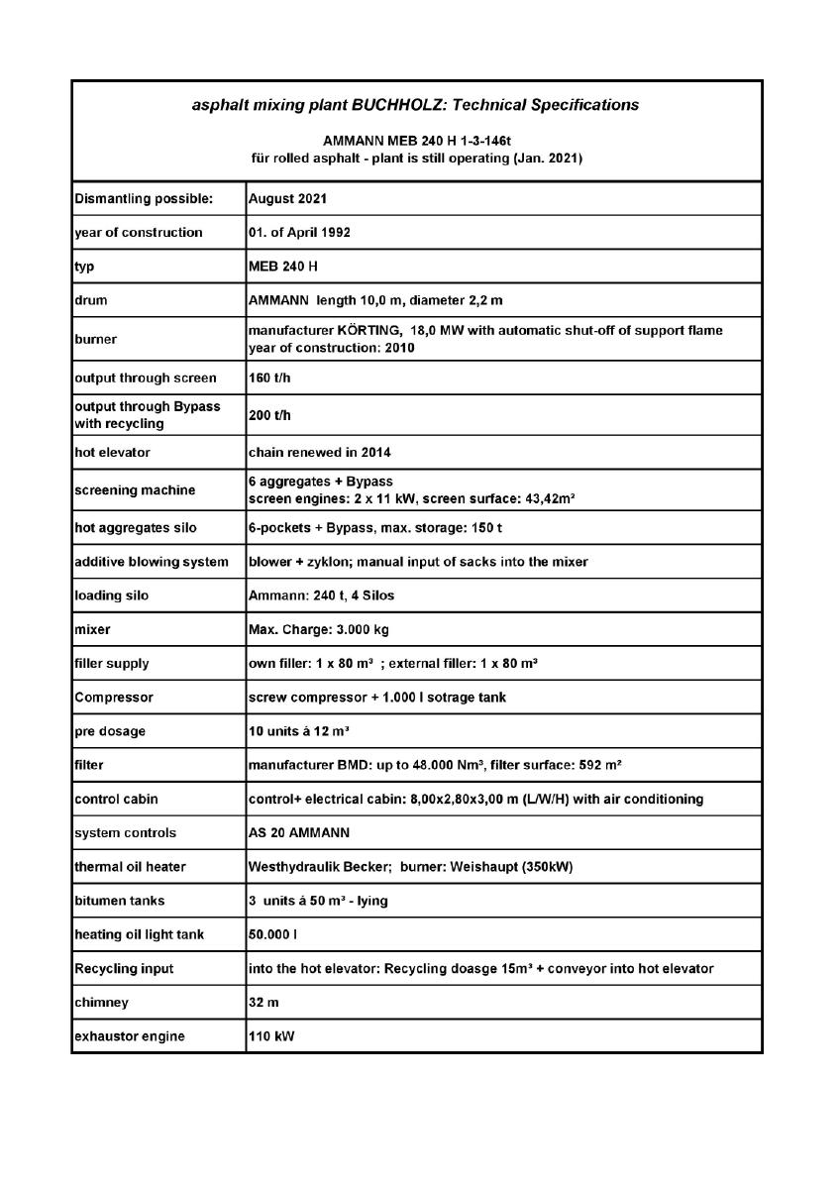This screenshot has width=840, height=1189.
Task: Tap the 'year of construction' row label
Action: (139, 233)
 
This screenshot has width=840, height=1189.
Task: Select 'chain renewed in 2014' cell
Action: (320, 453)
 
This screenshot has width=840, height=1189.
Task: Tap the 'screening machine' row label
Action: (135, 489)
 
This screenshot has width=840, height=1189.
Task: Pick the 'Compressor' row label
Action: (113, 697)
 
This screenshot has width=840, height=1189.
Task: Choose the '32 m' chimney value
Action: (263, 1003)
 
